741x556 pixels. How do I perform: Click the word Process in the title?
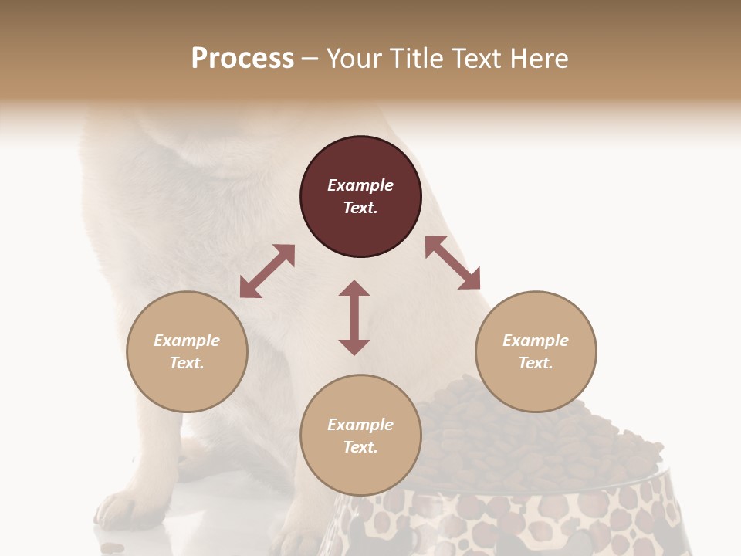pos(242,59)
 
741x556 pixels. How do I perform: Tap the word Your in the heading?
pos(353,59)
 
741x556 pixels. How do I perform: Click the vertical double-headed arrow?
pos(354,318)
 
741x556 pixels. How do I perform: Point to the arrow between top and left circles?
pos(267,271)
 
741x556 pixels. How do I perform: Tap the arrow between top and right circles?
pos(452,263)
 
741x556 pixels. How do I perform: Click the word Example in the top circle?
pos(360,185)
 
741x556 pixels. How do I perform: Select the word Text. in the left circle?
pos(187,363)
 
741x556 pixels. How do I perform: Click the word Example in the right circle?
pos(536,341)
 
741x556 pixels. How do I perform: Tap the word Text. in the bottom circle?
pos(360,447)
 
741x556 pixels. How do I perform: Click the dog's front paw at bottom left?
pos(123,510)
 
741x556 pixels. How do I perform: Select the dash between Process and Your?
pos(310,59)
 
